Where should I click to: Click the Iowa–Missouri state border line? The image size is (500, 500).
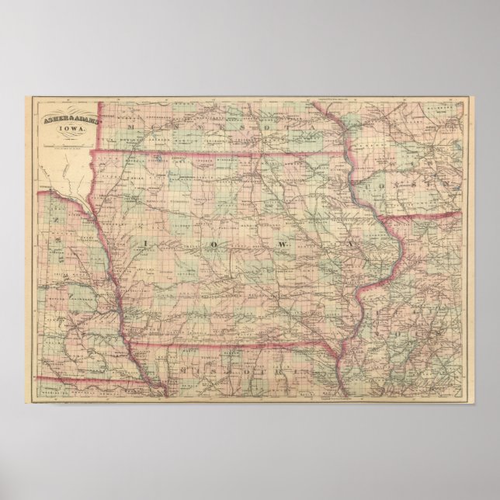click(233, 342)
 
